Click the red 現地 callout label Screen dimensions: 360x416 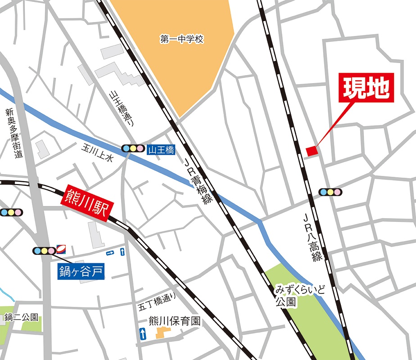366,88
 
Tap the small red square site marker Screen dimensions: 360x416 312,151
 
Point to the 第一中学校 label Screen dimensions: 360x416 181,39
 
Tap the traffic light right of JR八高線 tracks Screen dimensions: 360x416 330,192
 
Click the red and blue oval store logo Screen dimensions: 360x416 62,248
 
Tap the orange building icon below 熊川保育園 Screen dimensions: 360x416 161,333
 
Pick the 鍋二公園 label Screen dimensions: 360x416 22,318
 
